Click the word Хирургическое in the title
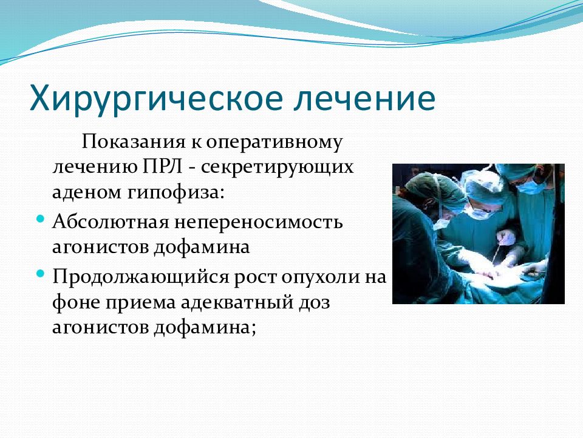(155, 99)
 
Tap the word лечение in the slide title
(365, 99)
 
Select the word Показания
(134, 142)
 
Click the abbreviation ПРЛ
(162, 167)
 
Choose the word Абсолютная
(111, 222)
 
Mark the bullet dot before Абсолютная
(41, 218)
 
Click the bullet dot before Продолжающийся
(41, 274)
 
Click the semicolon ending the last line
(254, 329)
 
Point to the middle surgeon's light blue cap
(483, 186)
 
